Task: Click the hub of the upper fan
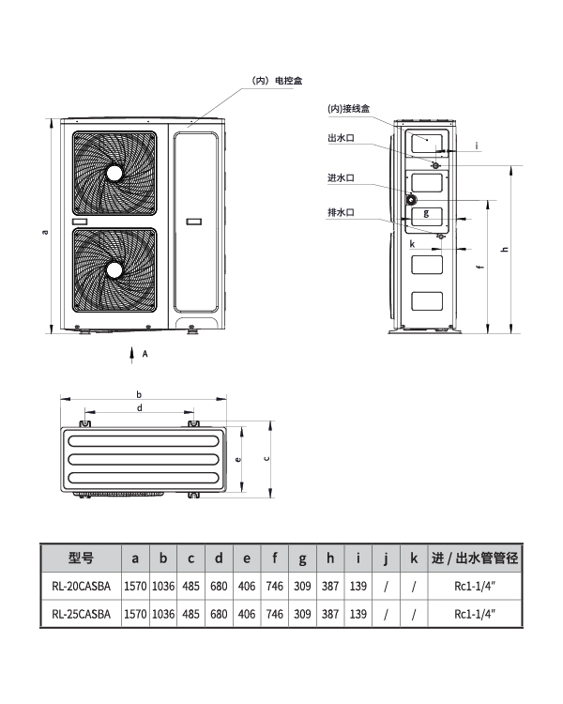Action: [114, 173]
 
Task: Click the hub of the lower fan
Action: [114, 269]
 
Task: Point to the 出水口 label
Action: [341, 138]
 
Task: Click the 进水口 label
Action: [341, 177]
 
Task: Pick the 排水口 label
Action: [341, 212]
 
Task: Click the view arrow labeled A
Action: [132, 355]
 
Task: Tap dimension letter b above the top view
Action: [139, 394]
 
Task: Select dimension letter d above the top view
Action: [140, 407]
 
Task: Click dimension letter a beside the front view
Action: [44, 232]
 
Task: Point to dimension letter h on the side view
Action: [505, 249]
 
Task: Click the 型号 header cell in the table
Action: [82, 559]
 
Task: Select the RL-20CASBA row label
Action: [82, 586]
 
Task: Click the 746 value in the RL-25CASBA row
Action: [274, 614]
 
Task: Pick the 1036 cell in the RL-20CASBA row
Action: [163, 586]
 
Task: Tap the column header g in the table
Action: [302, 559]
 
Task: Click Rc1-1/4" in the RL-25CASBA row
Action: [475, 614]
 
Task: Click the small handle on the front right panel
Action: [194, 222]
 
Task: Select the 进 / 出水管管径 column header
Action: [475, 559]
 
